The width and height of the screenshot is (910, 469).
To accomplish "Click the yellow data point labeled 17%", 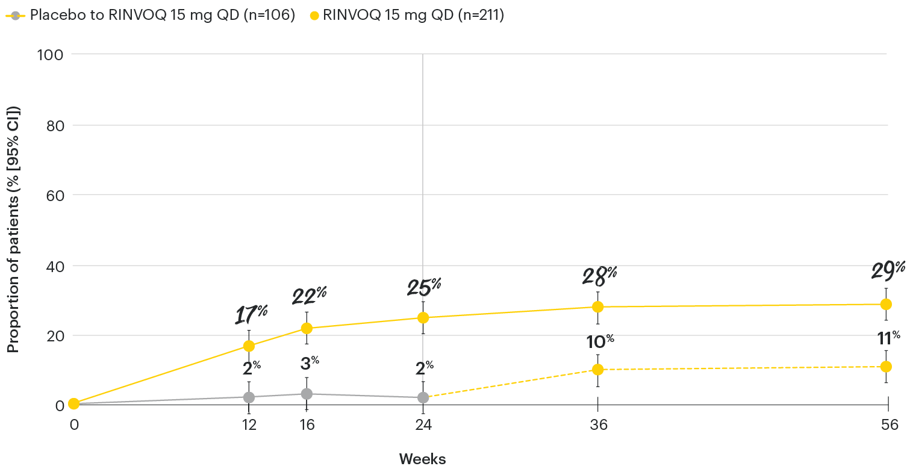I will (x=249, y=346).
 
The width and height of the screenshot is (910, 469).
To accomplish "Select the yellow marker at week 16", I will (x=307, y=328).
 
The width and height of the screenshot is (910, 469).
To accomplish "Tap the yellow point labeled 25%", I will (x=423, y=317).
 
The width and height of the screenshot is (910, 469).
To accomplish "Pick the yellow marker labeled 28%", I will (x=597, y=306).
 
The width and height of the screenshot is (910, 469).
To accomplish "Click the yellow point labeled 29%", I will (x=886, y=304).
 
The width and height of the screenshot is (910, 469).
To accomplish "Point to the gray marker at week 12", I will (x=249, y=397).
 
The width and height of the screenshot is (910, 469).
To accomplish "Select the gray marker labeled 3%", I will (x=307, y=394).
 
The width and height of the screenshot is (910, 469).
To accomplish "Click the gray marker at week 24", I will (x=423, y=397).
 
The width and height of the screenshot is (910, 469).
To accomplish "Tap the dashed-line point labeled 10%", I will (x=597, y=369).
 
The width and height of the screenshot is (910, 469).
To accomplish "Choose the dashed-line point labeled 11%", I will (x=886, y=367).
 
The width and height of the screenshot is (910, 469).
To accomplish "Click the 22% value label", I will (x=309, y=296).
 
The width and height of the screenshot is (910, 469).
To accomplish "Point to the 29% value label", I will (x=888, y=270).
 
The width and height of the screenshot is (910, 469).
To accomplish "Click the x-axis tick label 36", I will (x=597, y=424).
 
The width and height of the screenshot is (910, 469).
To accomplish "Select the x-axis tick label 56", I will (x=888, y=424).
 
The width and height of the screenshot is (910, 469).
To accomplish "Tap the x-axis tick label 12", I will (x=249, y=424).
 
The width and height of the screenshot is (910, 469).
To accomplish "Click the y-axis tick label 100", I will (x=50, y=55).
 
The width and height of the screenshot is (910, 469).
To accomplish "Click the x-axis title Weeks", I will (x=422, y=459).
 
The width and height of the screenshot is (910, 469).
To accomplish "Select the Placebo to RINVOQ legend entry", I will (x=151, y=16).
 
